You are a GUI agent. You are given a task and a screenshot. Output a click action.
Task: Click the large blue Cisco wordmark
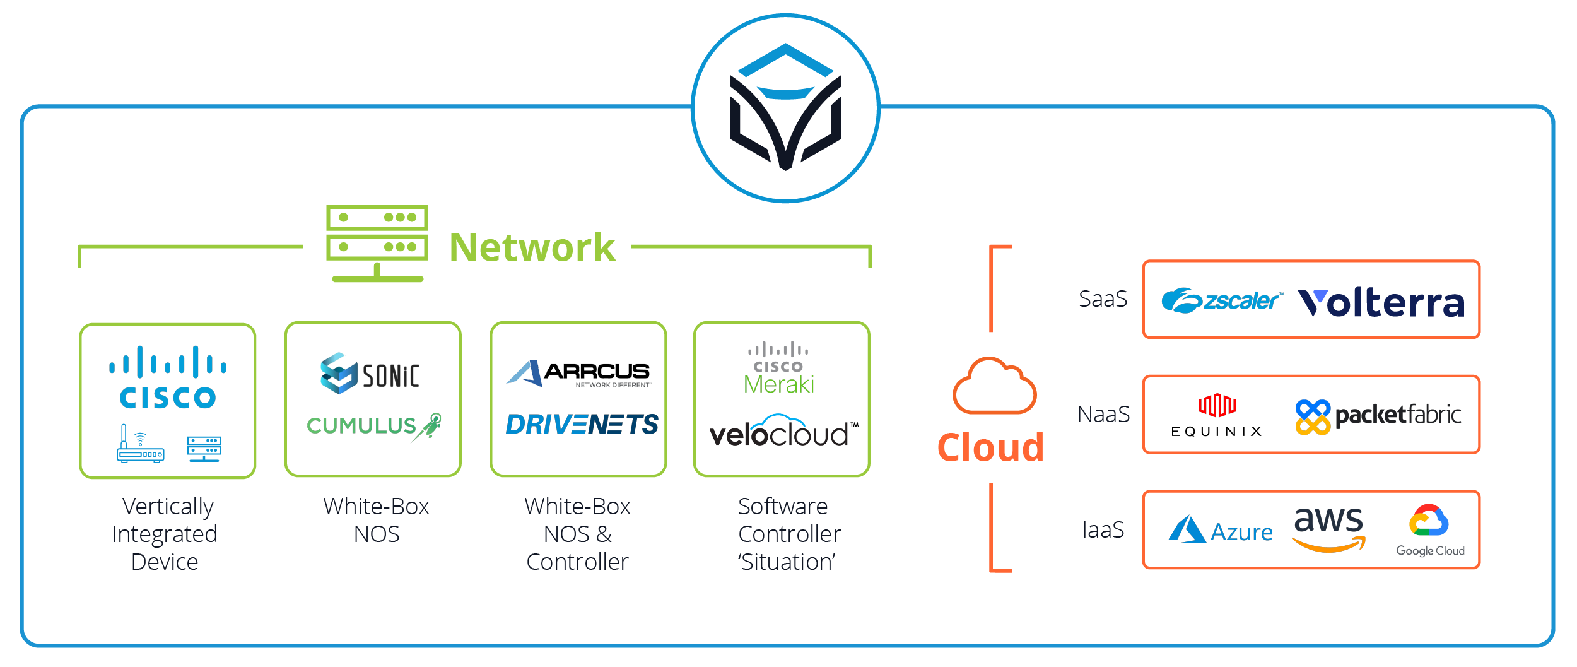(x=168, y=398)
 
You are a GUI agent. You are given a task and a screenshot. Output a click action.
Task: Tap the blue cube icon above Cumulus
(x=339, y=373)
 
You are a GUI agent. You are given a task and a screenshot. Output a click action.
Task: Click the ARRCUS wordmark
(x=597, y=371)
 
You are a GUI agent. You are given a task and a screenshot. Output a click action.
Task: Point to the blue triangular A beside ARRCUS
(x=523, y=373)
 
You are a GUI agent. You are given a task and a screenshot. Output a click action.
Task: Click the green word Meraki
(x=780, y=384)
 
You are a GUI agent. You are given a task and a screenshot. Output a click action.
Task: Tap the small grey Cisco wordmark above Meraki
(x=778, y=367)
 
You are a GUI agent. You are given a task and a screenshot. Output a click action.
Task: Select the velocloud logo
(x=780, y=432)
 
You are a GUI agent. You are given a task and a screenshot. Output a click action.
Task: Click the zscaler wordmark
(x=1241, y=301)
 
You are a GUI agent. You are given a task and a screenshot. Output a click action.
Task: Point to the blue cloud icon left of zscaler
(x=1181, y=301)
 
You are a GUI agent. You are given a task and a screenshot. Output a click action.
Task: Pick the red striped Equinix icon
(x=1217, y=405)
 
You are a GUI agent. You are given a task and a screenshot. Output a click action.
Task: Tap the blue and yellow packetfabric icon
(x=1313, y=416)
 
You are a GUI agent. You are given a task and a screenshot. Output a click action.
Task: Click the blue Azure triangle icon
(x=1187, y=529)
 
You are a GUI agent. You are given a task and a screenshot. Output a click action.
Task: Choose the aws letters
(x=1328, y=521)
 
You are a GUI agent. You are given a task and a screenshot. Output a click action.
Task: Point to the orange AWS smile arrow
(x=1328, y=545)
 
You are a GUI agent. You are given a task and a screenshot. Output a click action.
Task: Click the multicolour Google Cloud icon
(x=1429, y=520)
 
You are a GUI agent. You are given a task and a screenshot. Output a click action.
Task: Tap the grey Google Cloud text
(x=1430, y=551)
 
